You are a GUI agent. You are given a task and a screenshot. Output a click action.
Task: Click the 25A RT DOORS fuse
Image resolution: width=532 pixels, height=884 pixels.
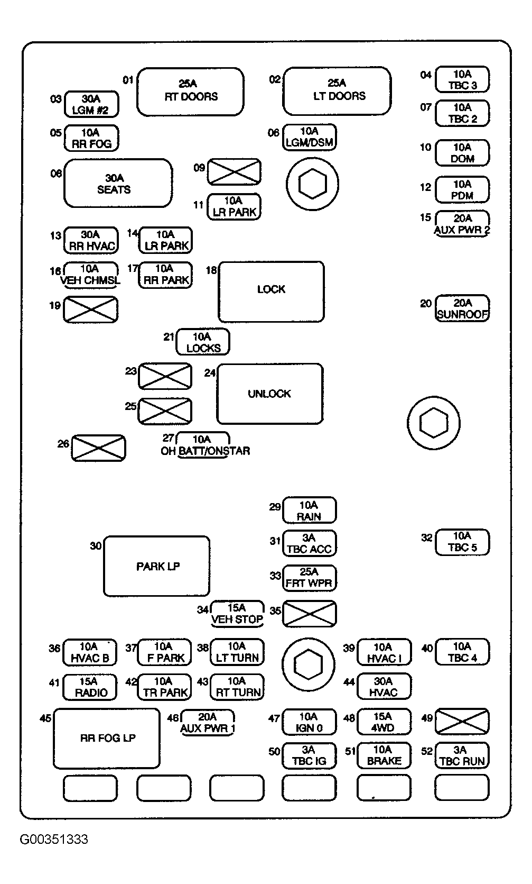(190, 92)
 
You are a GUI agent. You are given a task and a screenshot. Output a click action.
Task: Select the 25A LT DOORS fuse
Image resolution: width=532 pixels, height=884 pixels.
(337, 91)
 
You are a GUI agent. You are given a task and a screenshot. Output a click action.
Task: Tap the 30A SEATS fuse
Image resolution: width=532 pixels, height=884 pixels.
(118, 183)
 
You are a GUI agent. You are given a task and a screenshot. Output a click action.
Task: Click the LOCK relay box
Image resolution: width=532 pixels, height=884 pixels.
(271, 291)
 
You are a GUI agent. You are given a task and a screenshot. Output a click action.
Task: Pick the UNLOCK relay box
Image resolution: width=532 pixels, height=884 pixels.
(270, 394)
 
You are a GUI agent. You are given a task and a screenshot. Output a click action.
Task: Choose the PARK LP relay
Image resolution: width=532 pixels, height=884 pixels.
(156, 566)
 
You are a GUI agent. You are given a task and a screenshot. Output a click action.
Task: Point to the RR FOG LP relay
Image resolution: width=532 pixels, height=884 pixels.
(107, 739)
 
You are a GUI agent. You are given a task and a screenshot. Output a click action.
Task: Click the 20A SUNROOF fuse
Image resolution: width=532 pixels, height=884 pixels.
(462, 308)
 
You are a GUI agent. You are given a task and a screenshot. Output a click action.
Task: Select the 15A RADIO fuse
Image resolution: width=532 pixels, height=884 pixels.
(90, 687)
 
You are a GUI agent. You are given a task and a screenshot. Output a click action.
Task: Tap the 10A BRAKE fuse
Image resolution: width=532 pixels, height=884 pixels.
(384, 755)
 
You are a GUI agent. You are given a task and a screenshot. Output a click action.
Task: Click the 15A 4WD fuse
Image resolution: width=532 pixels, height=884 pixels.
(384, 722)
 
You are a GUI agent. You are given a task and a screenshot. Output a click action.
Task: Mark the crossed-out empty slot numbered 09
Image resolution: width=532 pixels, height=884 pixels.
(234, 172)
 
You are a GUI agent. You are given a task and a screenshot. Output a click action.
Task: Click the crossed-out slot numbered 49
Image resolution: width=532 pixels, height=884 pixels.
(462, 722)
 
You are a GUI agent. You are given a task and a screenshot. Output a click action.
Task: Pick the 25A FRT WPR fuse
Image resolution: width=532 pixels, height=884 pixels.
(310, 578)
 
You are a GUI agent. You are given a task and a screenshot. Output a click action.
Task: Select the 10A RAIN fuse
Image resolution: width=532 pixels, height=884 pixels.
(310, 510)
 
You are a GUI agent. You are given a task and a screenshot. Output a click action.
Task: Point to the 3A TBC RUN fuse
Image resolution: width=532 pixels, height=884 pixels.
(462, 755)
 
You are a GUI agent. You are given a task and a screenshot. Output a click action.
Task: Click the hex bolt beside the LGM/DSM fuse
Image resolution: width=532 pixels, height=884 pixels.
(313, 184)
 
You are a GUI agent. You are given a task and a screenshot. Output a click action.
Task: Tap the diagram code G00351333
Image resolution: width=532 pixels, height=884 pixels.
(54, 839)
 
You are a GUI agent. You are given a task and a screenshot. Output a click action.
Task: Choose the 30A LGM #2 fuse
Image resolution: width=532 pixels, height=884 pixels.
(91, 104)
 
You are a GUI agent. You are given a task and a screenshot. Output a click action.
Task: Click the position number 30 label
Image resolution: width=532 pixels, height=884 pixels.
(96, 546)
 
